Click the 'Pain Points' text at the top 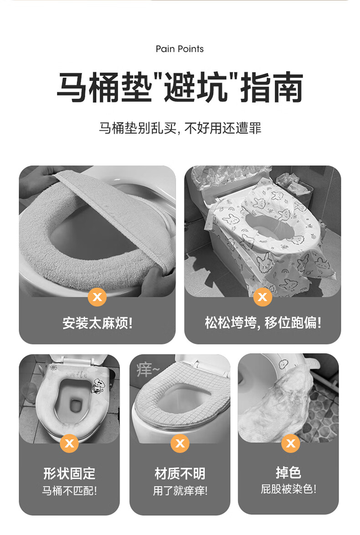[180, 49]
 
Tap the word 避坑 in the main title [195, 87]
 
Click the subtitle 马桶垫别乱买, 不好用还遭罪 [180, 128]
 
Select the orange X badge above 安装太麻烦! [97, 296]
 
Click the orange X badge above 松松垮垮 [262, 296]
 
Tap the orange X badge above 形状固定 [70, 443]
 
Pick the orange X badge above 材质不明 [180, 443]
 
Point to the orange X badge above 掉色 [290, 443]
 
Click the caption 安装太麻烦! [98, 323]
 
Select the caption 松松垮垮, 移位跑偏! [263, 323]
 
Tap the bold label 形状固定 [70, 473]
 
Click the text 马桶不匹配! [70, 491]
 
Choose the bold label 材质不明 [180, 473]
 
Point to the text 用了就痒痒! [180, 491]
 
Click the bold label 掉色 [288, 473]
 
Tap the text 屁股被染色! [288, 489]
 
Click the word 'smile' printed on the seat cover [77, 374]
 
